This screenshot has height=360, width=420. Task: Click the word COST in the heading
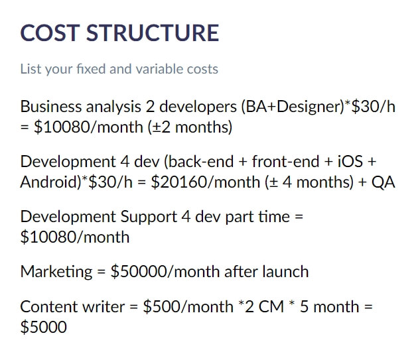[x=50, y=32]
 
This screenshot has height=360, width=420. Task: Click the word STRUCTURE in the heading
[x=153, y=32]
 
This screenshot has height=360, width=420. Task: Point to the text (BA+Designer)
[x=292, y=107]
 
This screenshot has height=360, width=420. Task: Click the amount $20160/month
[x=206, y=182]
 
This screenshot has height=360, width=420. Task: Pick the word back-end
[x=198, y=161]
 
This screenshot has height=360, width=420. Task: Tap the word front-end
[x=285, y=161]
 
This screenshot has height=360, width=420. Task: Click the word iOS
[x=350, y=161]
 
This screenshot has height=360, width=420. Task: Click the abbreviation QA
[x=383, y=182]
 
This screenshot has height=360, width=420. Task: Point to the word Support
[x=149, y=217]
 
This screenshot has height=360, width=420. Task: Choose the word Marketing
[x=56, y=272]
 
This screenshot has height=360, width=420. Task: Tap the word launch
[x=285, y=271]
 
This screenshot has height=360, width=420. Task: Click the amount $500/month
[x=188, y=306]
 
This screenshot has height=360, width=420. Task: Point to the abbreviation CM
[x=271, y=307]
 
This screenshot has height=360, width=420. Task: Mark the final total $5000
[x=44, y=327]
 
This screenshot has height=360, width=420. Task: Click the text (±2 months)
[x=190, y=127]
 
